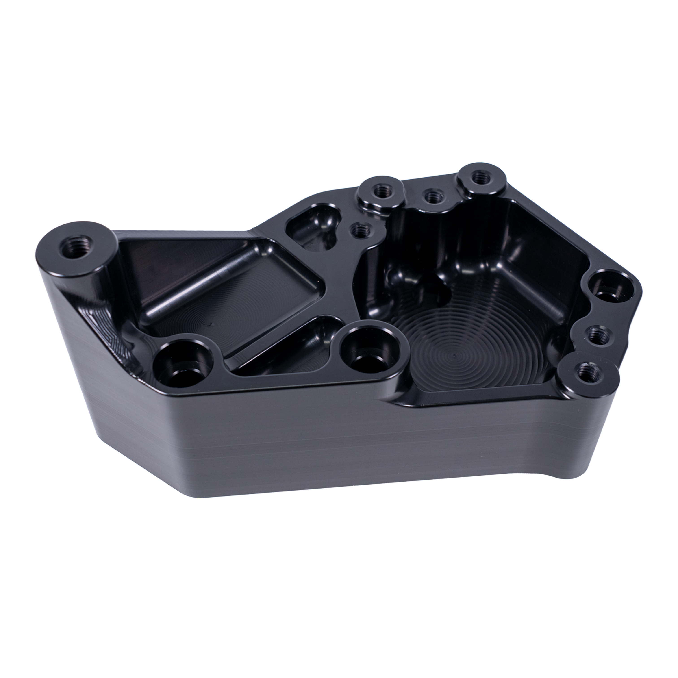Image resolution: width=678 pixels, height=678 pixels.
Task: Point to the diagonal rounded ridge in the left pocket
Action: [200, 284]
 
